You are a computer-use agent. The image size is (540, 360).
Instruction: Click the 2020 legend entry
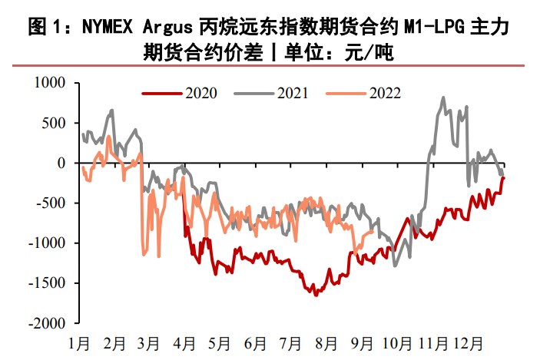(200, 94)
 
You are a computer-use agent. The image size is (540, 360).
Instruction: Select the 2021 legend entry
(292, 94)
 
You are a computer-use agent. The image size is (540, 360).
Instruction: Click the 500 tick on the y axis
(55, 123)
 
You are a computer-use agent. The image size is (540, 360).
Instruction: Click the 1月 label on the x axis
(82, 342)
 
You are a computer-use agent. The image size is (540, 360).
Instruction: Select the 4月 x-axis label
(184, 342)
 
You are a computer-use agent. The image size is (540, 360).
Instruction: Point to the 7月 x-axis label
(290, 342)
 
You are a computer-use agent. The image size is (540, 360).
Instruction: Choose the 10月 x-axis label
(396, 342)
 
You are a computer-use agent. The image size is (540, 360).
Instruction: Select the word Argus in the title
(171, 28)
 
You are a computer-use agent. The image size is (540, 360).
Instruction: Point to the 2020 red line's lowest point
(315, 295)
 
